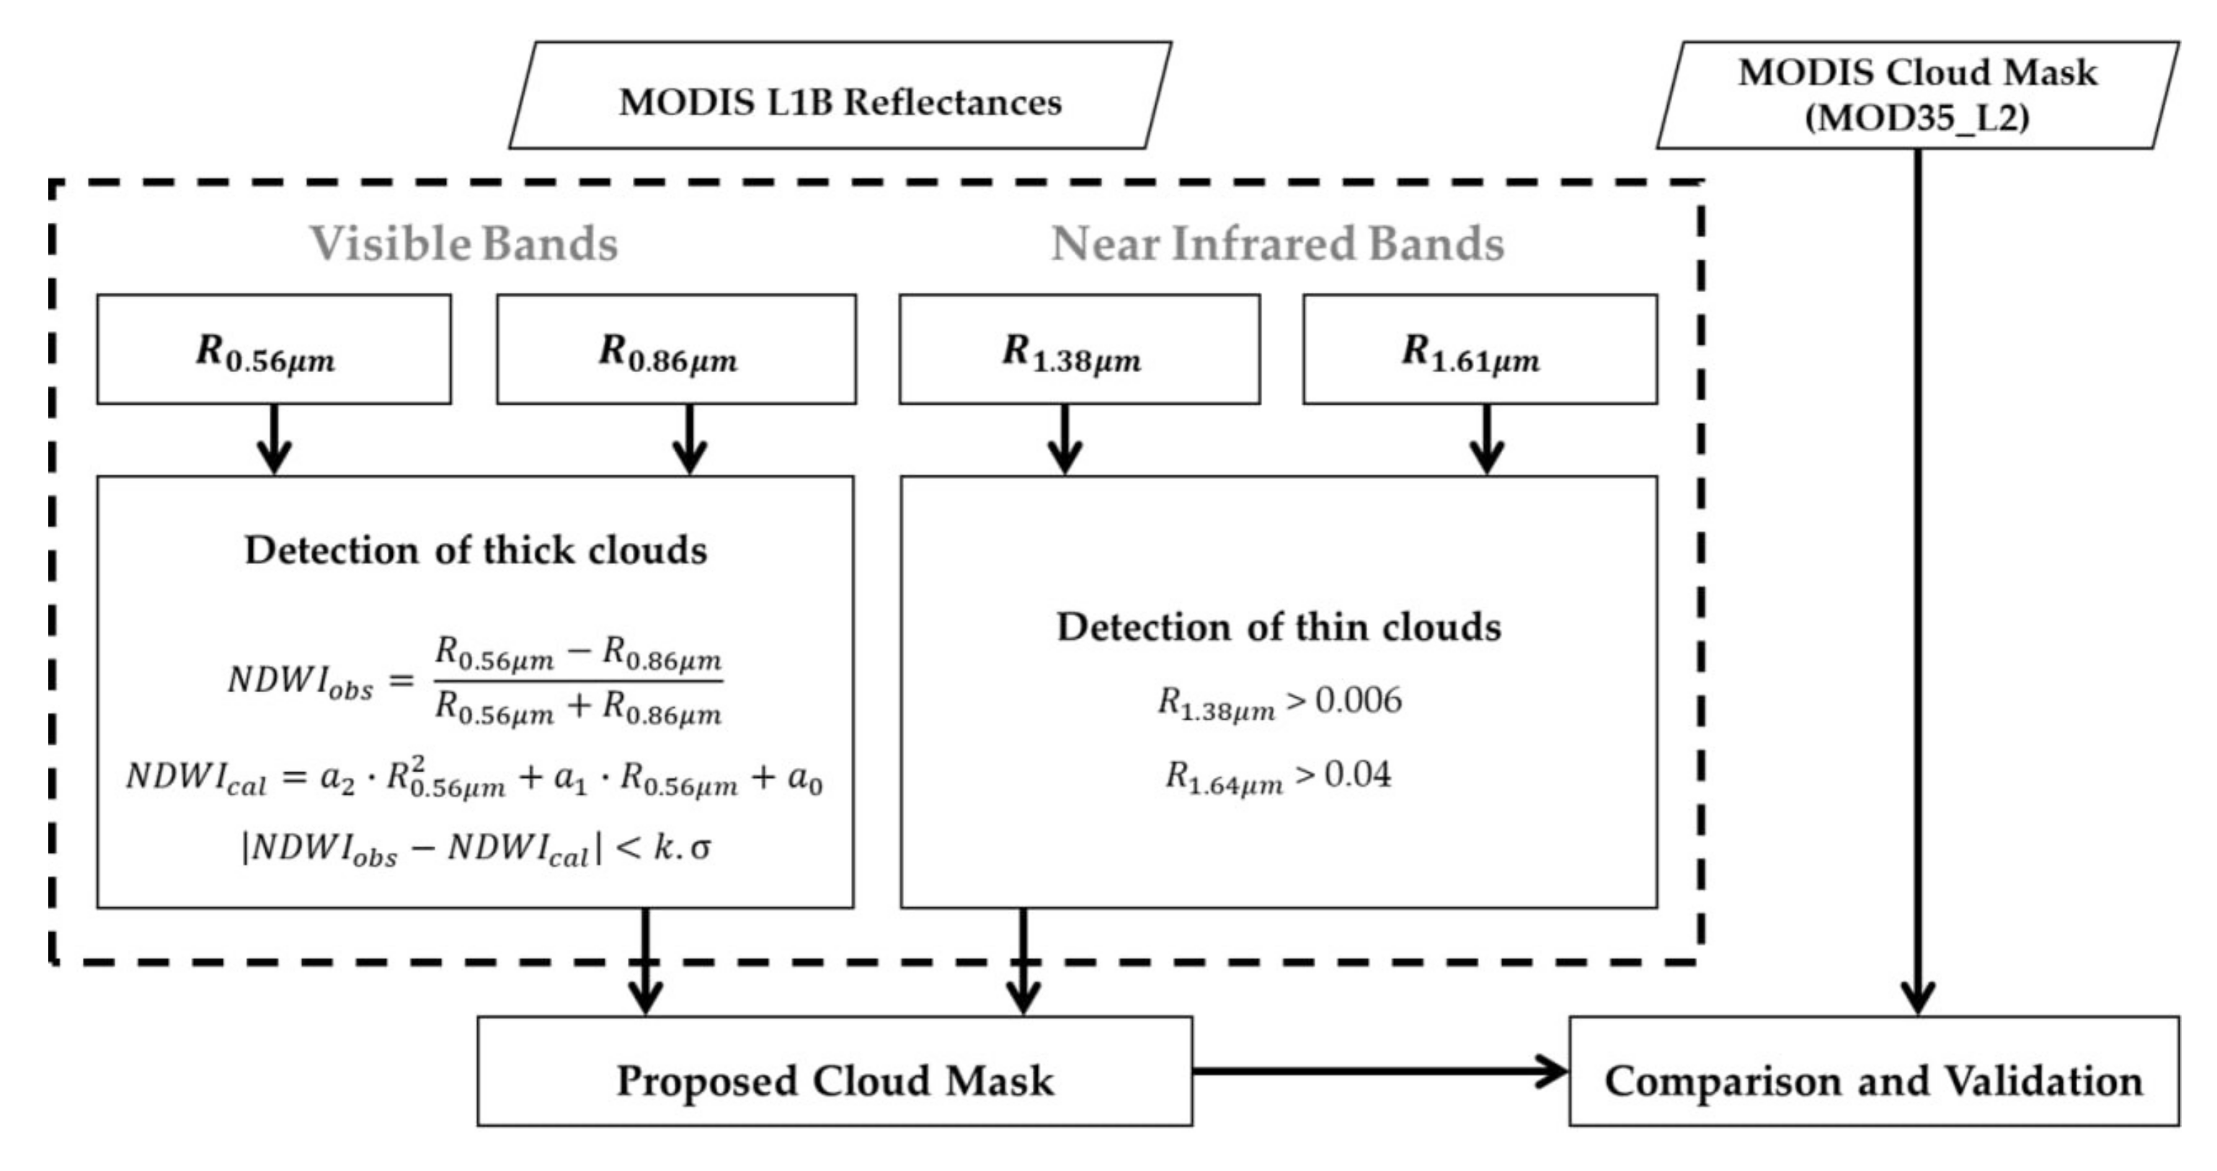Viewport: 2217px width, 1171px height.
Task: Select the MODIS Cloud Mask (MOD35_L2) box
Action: click(1917, 94)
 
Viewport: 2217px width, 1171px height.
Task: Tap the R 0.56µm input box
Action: click(274, 350)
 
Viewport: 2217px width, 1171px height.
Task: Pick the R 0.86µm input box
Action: click(677, 350)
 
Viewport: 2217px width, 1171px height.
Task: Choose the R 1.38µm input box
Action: click(1079, 350)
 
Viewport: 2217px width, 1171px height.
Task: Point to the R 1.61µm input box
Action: click(1480, 350)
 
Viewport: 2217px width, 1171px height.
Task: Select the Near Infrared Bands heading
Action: click(1278, 244)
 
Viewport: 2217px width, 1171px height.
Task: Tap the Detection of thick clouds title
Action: click(476, 550)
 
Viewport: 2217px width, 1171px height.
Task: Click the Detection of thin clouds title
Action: click(1279, 627)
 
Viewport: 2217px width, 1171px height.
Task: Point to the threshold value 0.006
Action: click(1358, 701)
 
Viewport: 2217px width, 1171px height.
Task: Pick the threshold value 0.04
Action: click(1357, 775)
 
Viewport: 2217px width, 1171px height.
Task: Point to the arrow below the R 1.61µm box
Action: click(1486, 439)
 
